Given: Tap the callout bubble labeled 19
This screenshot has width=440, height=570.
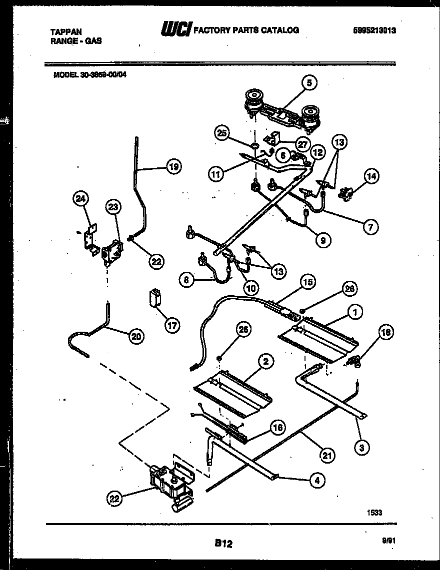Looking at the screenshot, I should point(173,167).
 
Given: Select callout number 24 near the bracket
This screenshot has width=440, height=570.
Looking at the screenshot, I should point(80,199).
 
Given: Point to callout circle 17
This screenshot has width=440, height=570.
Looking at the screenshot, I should point(172,325).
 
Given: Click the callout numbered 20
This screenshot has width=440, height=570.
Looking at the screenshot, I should point(135,337).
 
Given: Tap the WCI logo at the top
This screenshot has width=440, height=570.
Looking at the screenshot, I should point(175,30).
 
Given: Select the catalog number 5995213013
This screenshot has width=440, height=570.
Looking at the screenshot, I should point(374,30).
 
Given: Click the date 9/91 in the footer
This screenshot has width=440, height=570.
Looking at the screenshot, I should point(388,540).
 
